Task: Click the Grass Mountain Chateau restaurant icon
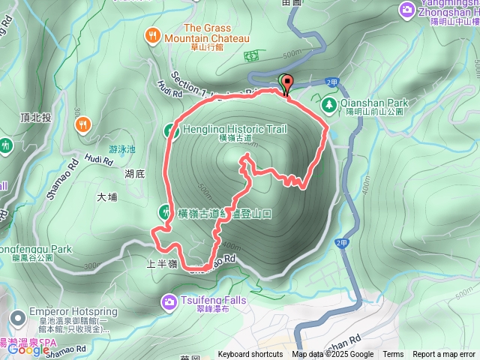coord(153,34)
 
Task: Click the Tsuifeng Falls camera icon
coord(169,301)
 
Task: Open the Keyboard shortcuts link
coord(250,355)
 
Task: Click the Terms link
coord(393,355)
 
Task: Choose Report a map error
coord(444,355)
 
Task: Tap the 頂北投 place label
coord(36,118)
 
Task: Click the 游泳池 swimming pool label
coord(122,149)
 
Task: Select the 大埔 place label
coord(107,198)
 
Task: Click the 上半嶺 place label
coord(161,263)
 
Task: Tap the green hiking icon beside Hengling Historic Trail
coord(169,130)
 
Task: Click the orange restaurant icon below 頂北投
coord(82,125)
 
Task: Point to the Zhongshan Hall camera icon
coord(406,9)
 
